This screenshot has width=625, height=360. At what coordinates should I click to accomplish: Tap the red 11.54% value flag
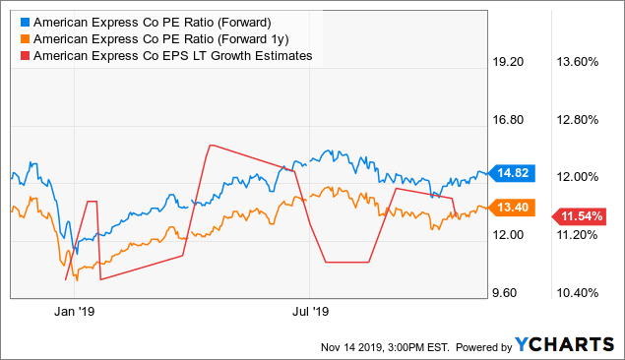[580, 215]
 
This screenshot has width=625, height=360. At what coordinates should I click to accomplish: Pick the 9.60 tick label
[512, 292]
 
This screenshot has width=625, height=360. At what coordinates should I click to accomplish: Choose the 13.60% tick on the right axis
[579, 61]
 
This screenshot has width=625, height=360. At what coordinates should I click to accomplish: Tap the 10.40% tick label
[579, 292]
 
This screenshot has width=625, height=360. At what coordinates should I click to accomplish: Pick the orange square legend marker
[24, 39]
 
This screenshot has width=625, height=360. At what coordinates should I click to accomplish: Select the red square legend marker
[24, 56]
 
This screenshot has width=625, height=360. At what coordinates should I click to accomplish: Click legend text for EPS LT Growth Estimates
[173, 56]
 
